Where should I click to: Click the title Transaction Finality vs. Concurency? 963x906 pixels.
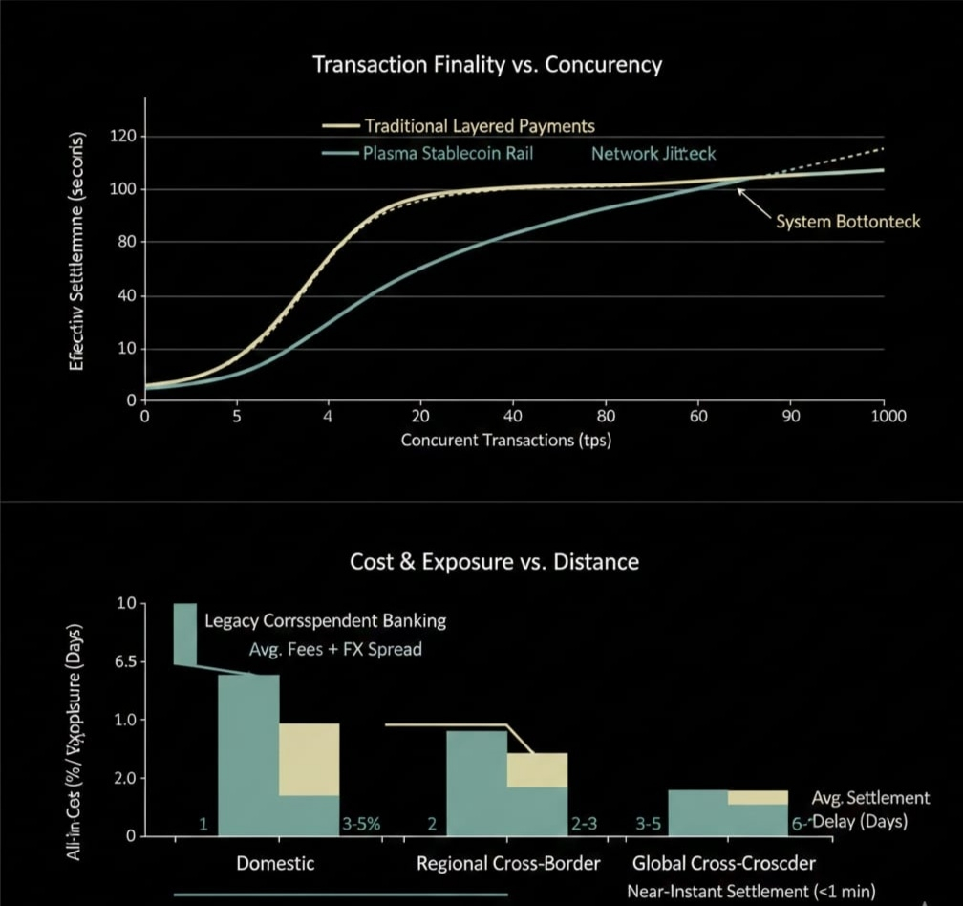pyautogui.click(x=487, y=66)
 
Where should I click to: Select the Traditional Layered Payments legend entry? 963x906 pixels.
pyautogui.click(x=479, y=126)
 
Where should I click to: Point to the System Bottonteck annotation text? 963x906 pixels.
pyautogui.click(x=847, y=222)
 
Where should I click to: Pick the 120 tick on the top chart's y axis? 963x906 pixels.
pyautogui.click(x=126, y=137)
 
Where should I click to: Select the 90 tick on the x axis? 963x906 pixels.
pyautogui.click(x=791, y=417)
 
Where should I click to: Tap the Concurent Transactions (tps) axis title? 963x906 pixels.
pyautogui.click(x=505, y=441)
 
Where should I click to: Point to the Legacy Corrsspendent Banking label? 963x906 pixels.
pyautogui.click(x=326, y=621)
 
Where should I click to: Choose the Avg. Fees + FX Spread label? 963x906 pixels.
pyautogui.click(x=329, y=650)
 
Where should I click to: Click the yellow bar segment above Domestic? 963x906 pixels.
pyautogui.click(x=309, y=759)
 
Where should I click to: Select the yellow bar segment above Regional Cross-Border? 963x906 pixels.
pyautogui.click(x=537, y=769)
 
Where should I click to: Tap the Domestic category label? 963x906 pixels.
pyautogui.click(x=275, y=864)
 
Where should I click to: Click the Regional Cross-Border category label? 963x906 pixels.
pyautogui.click(x=508, y=864)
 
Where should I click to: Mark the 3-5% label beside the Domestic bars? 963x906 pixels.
pyautogui.click(x=360, y=824)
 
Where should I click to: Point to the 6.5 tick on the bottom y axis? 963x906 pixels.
pyautogui.click(x=124, y=661)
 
